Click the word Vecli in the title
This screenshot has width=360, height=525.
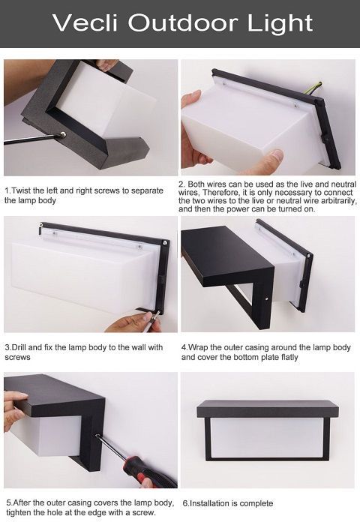click(x=85, y=22)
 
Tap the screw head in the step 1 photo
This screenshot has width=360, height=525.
click(x=62, y=135)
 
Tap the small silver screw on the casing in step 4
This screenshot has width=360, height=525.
click(x=266, y=297)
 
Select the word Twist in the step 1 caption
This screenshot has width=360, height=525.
click(x=22, y=190)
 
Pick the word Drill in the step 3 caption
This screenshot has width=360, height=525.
click(x=19, y=347)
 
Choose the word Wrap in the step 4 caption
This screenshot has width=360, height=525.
click(x=198, y=347)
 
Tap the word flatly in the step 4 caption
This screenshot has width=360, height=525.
click(x=289, y=357)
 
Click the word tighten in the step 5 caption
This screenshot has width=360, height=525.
click(x=19, y=512)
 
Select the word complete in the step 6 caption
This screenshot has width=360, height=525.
click(x=256, y=503)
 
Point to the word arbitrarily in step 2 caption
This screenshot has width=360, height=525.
click(x=340, y=201)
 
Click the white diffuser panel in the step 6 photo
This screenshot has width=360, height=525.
click(x=267, y=436)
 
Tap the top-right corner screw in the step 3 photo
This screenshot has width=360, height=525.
click(x=164, y=242)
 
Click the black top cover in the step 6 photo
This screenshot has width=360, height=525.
click(x=268, y=409)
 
